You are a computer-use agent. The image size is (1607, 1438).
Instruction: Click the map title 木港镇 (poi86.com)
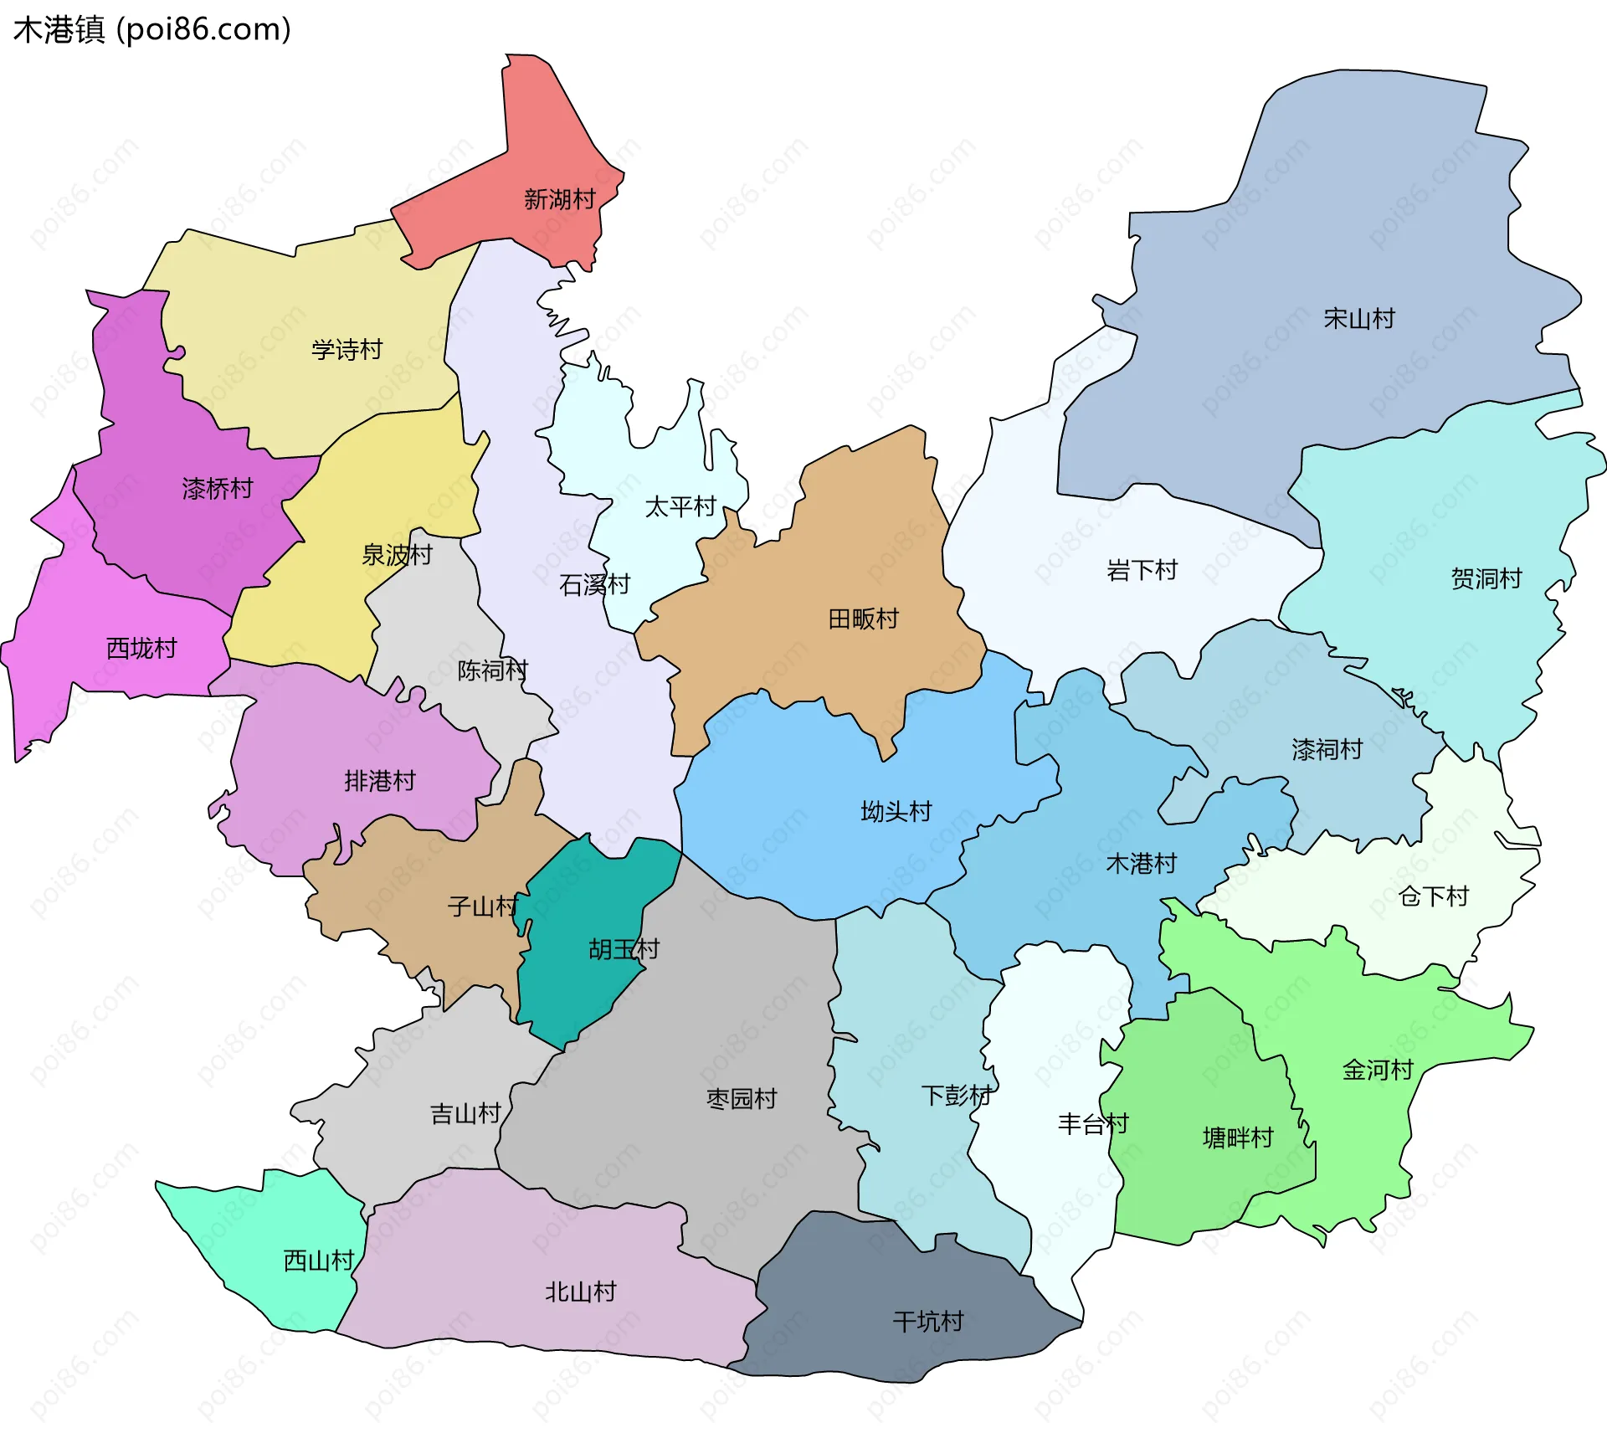point(151,30)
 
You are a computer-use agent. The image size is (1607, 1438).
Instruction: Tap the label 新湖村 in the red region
point(559,199)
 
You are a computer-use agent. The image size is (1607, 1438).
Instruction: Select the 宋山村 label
point(1358,318)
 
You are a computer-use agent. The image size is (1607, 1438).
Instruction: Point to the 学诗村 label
point(347,349)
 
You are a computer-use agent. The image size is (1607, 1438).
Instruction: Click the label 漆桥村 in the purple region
point(217,488)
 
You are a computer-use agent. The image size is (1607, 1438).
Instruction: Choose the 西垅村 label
point(141,648)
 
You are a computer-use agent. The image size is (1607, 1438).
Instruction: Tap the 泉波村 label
point(396,554)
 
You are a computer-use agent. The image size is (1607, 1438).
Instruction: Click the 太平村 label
point(680,506)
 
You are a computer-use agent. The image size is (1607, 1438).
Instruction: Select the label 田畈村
point(863,619)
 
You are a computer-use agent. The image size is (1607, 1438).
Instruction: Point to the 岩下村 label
point(1142,570)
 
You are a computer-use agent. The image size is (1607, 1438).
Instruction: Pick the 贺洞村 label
point(1486,578)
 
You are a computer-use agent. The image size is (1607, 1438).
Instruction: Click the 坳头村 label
point(896,811)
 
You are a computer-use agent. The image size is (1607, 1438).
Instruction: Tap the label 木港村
point(1141,863)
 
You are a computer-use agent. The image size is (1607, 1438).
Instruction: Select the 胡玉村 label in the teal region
point(624,948)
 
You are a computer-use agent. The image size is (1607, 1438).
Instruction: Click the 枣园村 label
point(742,1098)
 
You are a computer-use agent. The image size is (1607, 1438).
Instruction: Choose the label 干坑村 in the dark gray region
point(928,1322)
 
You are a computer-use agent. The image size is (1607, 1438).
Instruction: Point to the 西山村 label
point(319,1261)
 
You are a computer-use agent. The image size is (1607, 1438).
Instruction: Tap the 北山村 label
point(580,1292)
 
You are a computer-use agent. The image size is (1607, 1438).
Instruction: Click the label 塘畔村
point(1237,1138)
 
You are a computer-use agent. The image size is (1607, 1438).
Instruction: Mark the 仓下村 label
point(1433,896)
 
